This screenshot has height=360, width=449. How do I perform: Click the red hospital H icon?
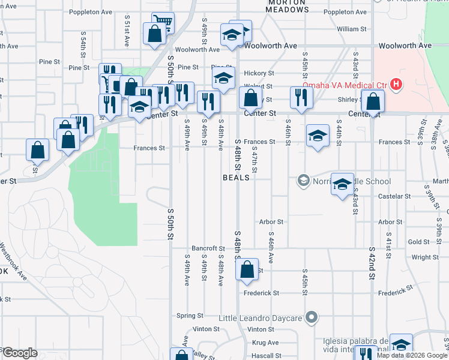[x=396, y=85]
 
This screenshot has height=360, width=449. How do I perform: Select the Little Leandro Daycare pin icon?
[x=311, y=317]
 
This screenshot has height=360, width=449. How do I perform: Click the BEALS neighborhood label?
[x=236, y=178]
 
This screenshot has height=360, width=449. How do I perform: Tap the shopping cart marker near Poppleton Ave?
[x=162, y=23]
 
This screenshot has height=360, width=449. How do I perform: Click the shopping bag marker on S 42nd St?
[x=373, y=101]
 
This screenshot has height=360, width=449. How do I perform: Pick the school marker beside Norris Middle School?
[x=342, y=184]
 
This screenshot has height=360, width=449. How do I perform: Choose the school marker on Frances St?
[x=317, y=135]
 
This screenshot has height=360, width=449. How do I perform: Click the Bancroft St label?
[x=208, y=248]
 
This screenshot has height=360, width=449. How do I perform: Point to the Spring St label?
[x=190, y=316]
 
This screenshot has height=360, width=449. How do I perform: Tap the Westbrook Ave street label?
[x=13, y=261]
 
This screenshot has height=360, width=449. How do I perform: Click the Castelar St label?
[x=394, y=196]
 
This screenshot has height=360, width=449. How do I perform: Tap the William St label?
[x=351, y=29]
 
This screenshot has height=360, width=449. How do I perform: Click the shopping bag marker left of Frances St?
[x=37, y=151]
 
